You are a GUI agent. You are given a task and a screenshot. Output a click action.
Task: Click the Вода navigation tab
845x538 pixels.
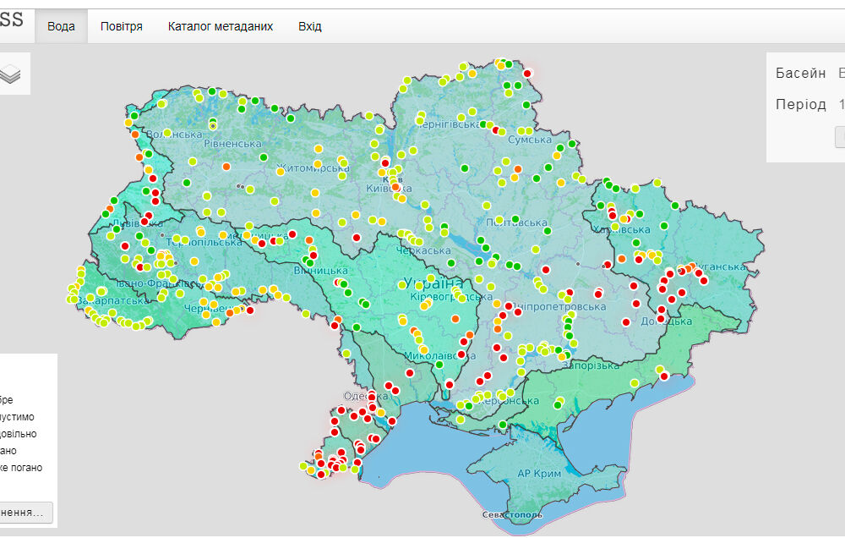61,26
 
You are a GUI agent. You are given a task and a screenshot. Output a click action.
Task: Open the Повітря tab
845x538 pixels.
121,26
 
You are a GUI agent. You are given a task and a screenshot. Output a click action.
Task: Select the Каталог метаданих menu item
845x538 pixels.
220,26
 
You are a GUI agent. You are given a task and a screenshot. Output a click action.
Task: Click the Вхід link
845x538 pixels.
310,26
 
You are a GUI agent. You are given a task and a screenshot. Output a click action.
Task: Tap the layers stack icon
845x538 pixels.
10,74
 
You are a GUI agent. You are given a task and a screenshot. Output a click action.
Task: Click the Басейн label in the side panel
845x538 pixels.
801,73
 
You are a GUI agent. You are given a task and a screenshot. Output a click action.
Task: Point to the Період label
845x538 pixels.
801,104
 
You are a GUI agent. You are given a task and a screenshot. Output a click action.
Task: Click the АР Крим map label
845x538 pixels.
539,474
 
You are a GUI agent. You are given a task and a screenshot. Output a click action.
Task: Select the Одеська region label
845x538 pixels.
364,397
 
